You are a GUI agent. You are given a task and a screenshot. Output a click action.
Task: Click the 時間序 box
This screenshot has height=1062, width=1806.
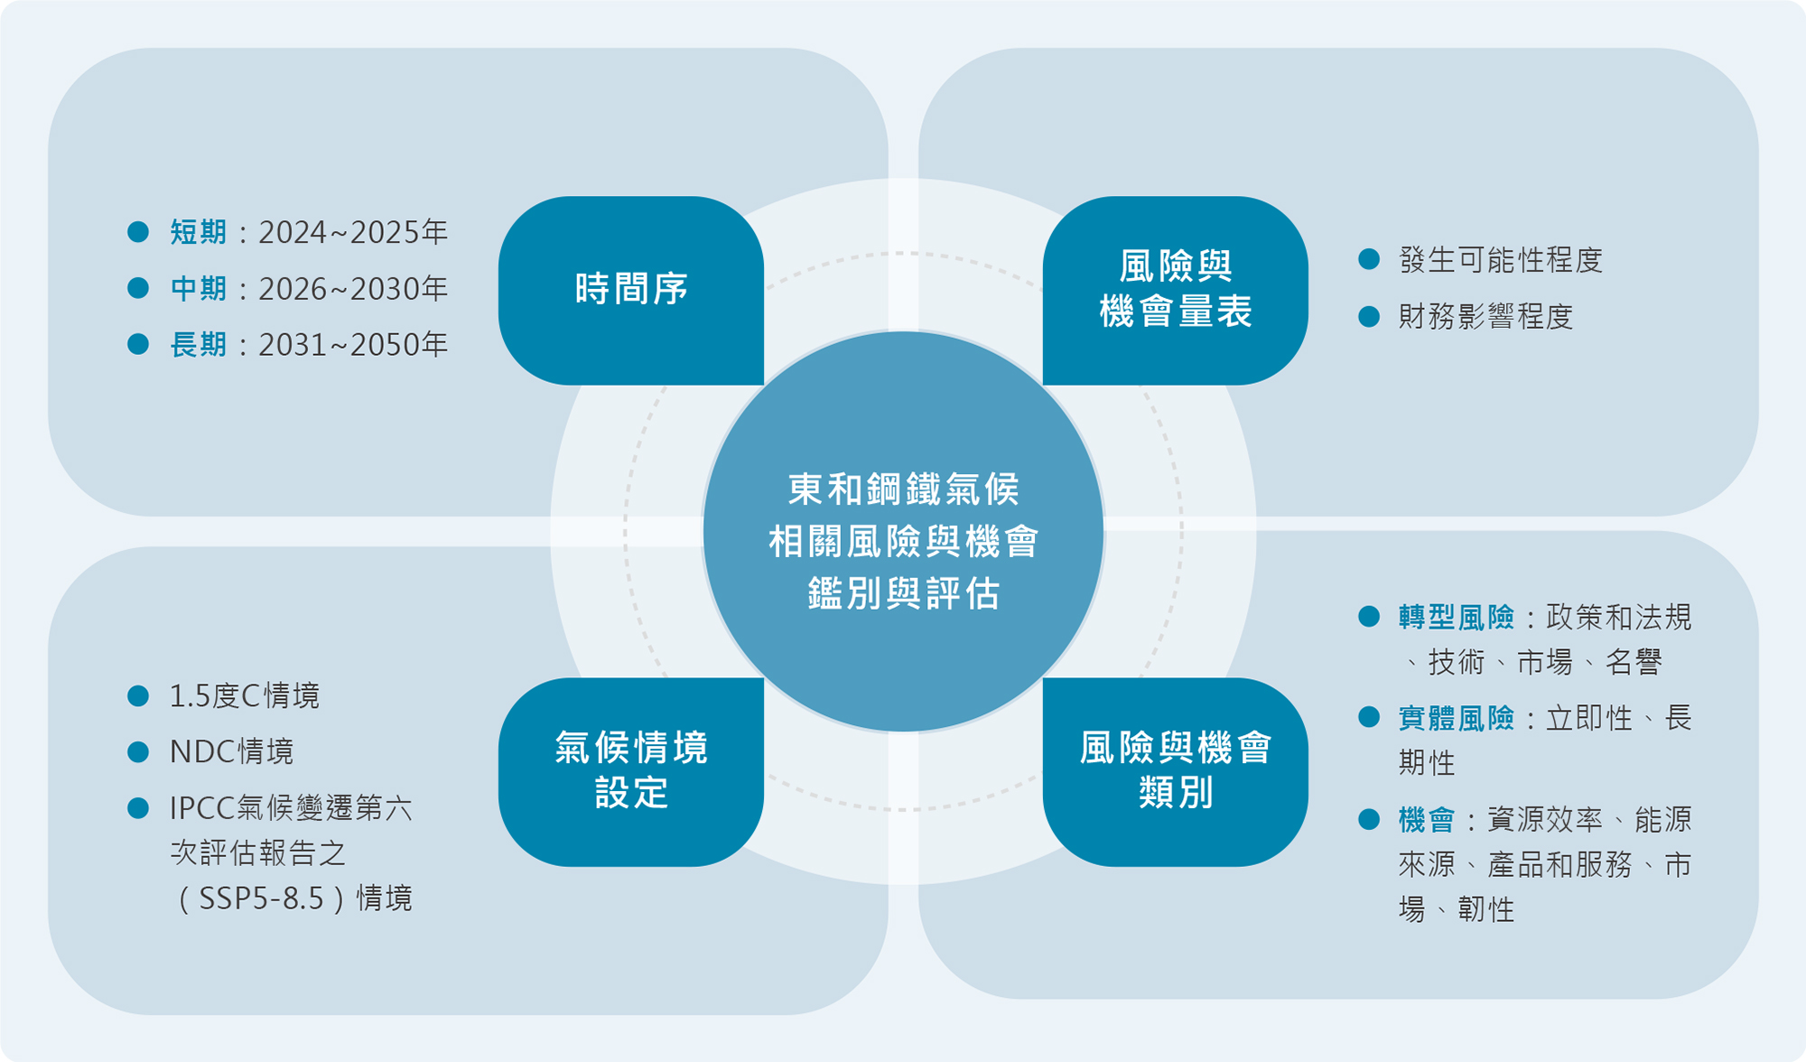(631, 290)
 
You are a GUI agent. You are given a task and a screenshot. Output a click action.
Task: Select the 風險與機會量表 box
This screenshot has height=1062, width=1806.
(1175, 290)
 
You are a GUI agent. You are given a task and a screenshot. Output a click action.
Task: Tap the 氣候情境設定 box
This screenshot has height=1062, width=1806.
(631, 771)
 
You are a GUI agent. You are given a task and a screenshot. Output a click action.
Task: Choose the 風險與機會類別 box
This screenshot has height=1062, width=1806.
(1175, 771)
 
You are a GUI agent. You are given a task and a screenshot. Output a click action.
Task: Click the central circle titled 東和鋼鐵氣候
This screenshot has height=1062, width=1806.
(903, 533)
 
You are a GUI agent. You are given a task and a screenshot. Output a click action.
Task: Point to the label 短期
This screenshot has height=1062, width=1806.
(198, 232)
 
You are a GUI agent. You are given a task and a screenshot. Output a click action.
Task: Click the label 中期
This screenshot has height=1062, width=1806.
(198, 289)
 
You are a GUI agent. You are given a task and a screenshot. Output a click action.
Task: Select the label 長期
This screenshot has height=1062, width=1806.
(198, 345)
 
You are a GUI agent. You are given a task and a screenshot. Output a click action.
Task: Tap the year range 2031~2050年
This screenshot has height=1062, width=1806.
(353, 345)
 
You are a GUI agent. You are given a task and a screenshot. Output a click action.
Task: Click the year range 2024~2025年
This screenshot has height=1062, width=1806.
(353, 232)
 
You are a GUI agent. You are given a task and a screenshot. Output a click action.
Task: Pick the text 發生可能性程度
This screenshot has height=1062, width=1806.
(1500, 260)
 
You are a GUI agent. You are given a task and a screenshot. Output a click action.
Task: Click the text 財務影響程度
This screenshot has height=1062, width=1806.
(1485, 317)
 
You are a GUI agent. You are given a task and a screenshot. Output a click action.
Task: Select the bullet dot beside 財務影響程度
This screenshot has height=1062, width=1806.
(1369, 317)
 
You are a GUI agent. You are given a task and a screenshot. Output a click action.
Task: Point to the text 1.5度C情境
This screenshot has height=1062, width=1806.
(244, 696)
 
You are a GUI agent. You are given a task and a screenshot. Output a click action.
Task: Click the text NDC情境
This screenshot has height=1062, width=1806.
(231, 751)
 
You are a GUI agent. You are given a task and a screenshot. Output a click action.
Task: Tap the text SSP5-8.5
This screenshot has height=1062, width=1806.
(261, 899)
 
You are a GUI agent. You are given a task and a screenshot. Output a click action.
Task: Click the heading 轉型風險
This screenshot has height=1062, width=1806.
(1456, 618)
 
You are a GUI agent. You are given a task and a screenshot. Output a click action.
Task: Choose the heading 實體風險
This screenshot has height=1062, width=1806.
(1456, 719)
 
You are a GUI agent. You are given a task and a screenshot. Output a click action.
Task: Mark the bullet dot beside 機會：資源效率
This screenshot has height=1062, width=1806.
(1369, 820)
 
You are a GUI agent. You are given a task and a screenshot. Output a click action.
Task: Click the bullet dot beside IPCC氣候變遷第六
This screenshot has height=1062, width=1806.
(138, 808)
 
